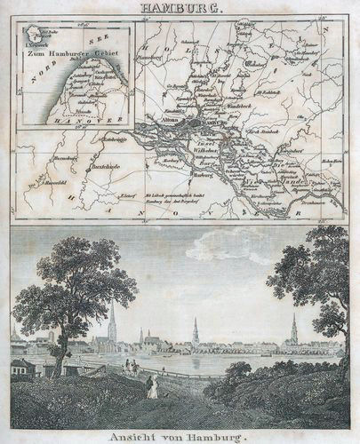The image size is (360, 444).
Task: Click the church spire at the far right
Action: pyautogui.click(x=294, y=329)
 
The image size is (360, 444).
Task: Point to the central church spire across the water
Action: pyautogui.click(x=196, y=332)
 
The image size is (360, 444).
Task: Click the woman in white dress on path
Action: pyautogui.click(x=153, y=387)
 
